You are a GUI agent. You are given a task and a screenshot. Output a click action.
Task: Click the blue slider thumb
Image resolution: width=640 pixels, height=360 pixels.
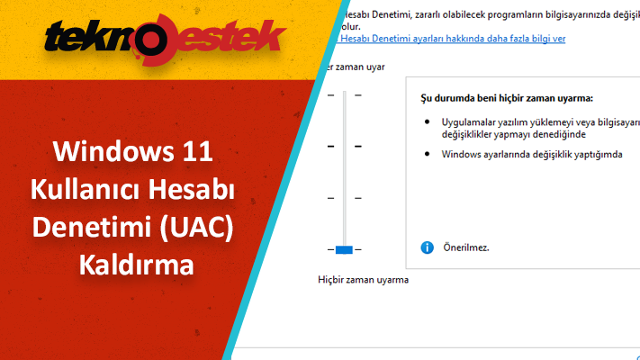(344, 248)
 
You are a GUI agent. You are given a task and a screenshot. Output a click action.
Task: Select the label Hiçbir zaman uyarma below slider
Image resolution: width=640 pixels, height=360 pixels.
(364, 280)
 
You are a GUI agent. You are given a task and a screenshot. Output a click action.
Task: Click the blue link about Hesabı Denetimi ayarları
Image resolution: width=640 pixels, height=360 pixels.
(450, 39)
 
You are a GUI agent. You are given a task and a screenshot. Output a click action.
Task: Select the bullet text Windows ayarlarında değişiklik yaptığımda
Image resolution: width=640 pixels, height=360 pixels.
(532, 154)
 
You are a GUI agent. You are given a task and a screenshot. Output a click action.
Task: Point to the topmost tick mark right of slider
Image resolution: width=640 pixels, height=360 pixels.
(357, 94)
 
